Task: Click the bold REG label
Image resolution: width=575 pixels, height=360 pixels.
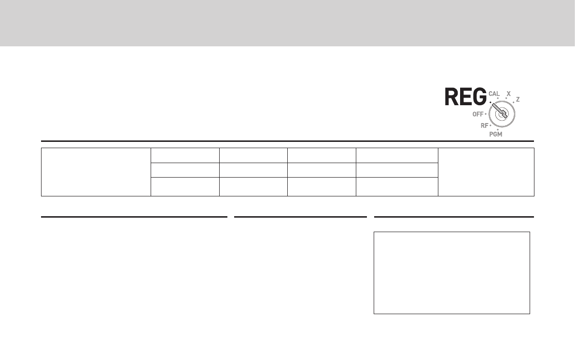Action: [465, 97]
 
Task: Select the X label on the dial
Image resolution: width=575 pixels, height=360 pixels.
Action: [508, 93]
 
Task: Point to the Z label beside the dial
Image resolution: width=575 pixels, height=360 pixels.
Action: [518, 99]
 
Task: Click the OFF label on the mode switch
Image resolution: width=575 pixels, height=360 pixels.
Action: [477, 114]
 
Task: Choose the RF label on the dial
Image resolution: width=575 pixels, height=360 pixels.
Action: [484, 125]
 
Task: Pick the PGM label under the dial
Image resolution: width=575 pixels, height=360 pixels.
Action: [496, 135]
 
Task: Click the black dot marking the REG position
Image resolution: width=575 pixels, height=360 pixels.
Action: [490, 102]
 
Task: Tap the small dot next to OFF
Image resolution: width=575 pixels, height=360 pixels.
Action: [486, 115]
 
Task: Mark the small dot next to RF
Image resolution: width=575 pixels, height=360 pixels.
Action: [490, 125]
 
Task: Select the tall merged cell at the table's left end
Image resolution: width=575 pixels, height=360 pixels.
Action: [96, 172]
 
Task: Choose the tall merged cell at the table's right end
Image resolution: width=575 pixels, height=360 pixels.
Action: [486, 172]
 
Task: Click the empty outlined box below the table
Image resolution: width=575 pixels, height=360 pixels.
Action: [452, 273]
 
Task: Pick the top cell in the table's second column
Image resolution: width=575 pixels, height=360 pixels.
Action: [185, 155]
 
